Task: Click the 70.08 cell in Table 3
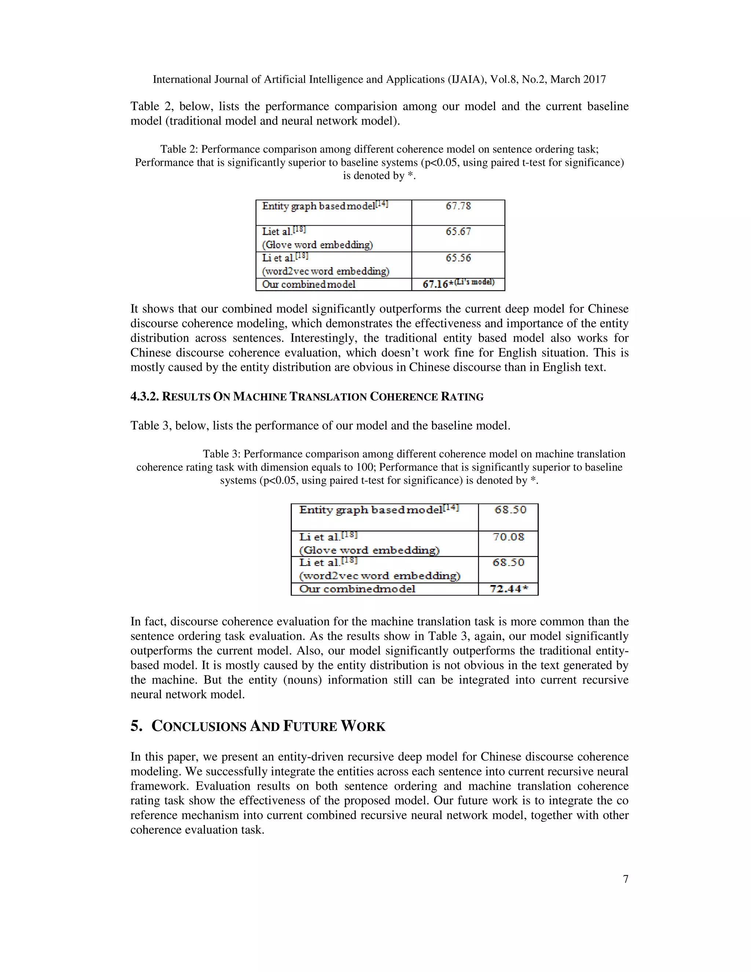(x=508, y=537)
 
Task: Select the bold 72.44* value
(x=509, y=589)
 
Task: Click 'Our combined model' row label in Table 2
(x=309, y=284)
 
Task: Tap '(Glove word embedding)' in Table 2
(x=317, y=245)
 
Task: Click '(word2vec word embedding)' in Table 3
(x=380, y=576)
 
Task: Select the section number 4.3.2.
(x=144, y=397)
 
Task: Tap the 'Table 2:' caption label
(x=179, y=149)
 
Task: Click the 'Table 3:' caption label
(x=221, y=454)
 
